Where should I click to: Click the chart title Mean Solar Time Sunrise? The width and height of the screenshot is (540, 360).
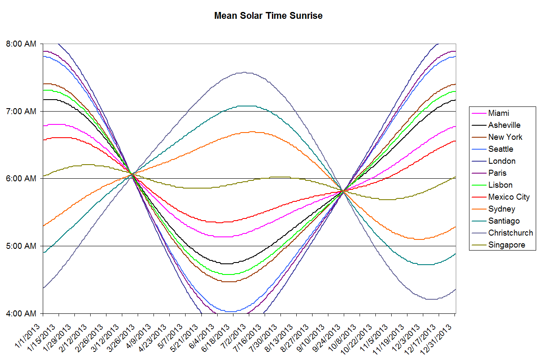[x=268, y=16]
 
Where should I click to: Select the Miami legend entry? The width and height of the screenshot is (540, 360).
[x=499, y=113]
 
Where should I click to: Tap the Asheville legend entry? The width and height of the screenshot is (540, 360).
[x=504, y=125]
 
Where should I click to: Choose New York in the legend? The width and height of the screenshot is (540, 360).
[x=505, y=137]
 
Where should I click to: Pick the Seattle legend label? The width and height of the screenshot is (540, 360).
[x=501, y=149]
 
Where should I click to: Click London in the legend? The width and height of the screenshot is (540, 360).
[x=502, y=161]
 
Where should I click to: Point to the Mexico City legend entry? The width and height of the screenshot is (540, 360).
[x=509, y=197]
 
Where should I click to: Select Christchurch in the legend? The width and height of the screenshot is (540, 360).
[x=510, y=233]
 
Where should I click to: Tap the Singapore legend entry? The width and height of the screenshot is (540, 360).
[x=506, y=245]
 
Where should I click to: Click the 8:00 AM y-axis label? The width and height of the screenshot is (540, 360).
[x=21, y=44]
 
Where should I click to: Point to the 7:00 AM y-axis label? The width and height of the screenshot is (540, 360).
[x=21, y=111]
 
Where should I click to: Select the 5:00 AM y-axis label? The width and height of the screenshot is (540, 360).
[x=21, y=246]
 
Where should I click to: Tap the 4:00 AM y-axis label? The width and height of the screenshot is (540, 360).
[x=21, y=313]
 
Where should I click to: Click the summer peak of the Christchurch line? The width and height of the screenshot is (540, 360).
[x=244, y=72]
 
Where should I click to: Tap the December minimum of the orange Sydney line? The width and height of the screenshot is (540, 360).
[x=419, y=239]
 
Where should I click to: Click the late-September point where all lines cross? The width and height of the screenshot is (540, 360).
[x=343, y=191]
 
